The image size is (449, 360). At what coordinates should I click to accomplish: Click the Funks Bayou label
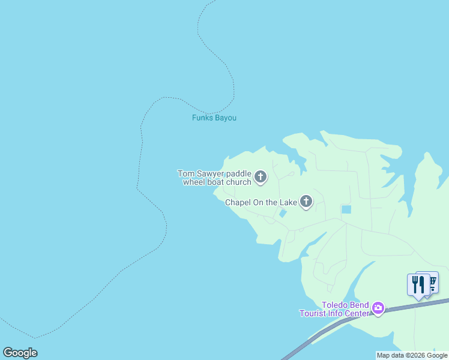point(214,118)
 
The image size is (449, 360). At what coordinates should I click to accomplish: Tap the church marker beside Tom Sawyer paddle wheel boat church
point(261,176)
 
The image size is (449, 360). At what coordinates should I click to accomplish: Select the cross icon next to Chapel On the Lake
point(306,202)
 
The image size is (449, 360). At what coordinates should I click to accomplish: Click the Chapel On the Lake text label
point(261,202)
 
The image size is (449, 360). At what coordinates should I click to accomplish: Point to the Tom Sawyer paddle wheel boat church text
point(214,178)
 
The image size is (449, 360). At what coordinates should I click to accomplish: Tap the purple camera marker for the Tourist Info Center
point(378,308)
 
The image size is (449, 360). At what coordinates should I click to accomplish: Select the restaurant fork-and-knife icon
point(418,284)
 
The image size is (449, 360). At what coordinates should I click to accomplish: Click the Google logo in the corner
point(20,353)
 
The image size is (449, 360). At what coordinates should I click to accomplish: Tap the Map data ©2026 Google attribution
point(412,355)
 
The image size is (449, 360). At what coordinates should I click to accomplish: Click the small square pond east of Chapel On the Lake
point(346,209)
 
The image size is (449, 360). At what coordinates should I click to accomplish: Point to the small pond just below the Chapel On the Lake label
point(283,214)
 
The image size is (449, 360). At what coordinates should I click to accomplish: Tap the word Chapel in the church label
point(238,202)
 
